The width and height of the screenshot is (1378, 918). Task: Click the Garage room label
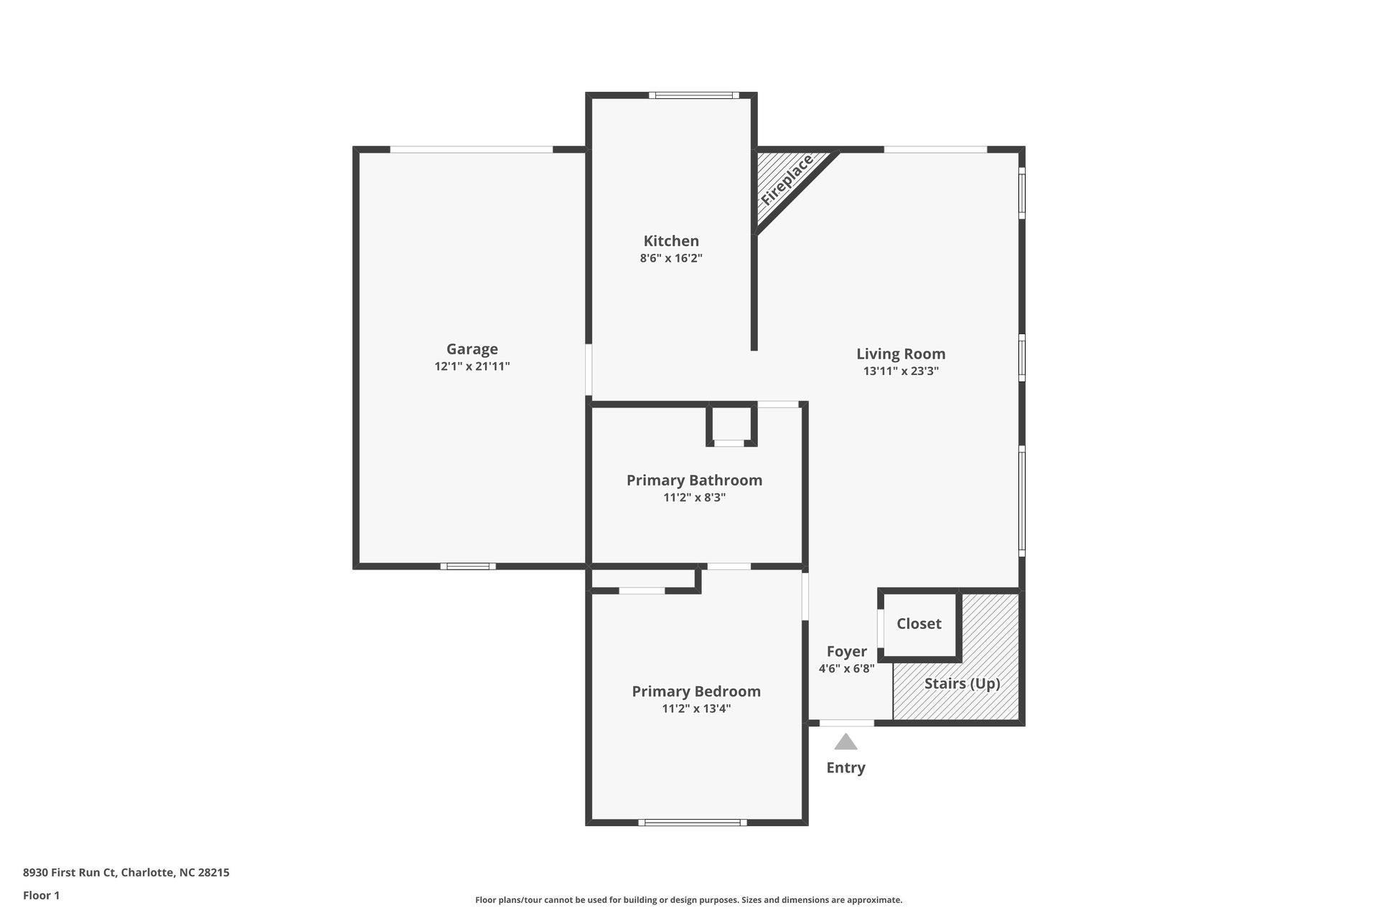click(472, 349)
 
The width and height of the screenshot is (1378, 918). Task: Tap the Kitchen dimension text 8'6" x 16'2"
click(671, 258)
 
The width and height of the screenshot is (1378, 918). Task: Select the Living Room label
click(901, 354)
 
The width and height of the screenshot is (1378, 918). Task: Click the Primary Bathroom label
click(694, 480)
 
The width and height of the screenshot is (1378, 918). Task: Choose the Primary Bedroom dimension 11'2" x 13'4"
click(696, 709)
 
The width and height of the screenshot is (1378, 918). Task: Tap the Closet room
click(919, 623)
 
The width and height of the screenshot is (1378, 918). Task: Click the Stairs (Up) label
click(962, 683)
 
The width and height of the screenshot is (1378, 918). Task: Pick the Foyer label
click(847, 651)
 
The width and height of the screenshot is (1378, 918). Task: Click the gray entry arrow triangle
click(845, 742)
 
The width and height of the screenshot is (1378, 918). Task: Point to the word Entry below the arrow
click(845, 767)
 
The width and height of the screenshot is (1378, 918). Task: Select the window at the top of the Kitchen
click(694, 95)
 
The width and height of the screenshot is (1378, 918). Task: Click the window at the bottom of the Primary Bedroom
click(693, 823)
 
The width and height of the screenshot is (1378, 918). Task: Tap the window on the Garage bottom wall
click(468, 567)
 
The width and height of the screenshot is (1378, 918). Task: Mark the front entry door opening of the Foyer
click(847, 723)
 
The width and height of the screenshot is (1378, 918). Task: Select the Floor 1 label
click(42, 895)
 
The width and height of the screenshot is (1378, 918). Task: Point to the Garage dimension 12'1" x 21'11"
click(472, 366)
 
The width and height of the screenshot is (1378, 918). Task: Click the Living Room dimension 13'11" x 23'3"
click(901, 371)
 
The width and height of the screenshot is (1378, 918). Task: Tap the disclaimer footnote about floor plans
click(688, 900)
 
